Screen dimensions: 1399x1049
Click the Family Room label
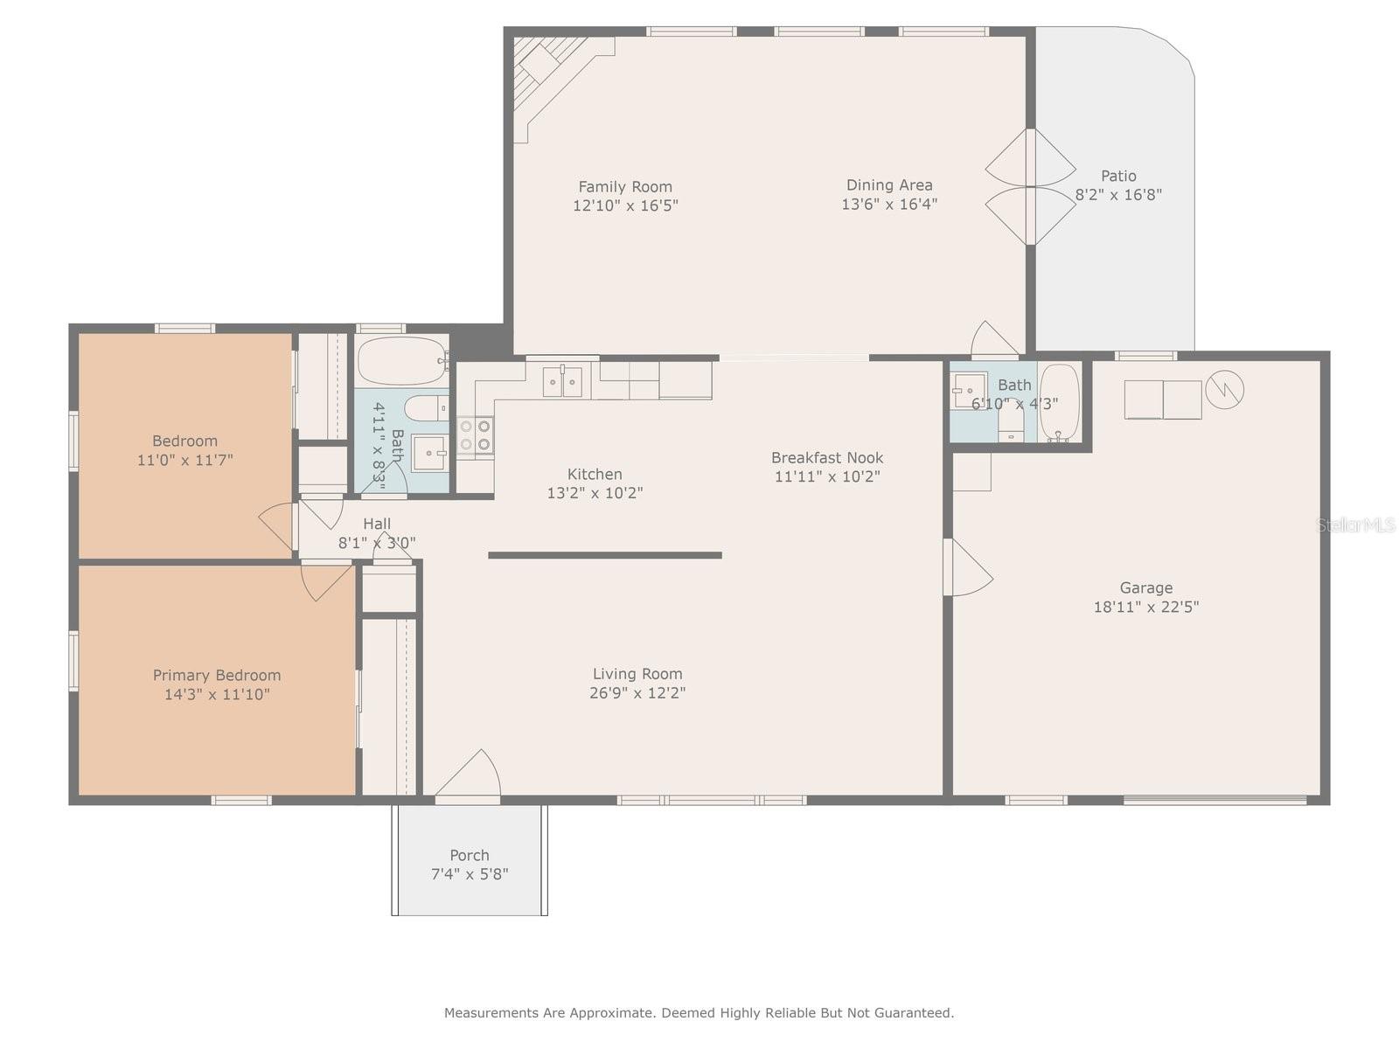[x=624, y=186]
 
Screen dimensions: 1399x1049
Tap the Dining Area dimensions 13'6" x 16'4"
[x=889, y=205]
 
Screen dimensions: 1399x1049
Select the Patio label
[x=1118, y=176]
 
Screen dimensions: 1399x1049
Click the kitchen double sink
[x=562, y=381]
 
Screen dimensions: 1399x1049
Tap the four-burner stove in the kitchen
[x=476, y=435]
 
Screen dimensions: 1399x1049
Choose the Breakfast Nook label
[x=826, y=457]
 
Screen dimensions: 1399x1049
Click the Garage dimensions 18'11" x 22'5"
[x=1146, y=607]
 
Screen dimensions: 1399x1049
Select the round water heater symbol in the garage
[x=1224, y=390]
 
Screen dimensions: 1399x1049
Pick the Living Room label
[x=637, y=674]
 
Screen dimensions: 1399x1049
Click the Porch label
[x=469, y=856]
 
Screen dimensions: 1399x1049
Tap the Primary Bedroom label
[x=217, y=675]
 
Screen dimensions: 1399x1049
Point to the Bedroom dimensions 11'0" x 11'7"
[x=184, y=460]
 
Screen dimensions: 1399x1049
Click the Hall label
[x=377, y=524]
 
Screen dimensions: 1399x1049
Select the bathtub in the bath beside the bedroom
[x=401, y=360]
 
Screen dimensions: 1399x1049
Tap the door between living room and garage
[x=968, y=567]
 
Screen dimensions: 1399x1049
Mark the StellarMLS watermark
[x=1355, y=525]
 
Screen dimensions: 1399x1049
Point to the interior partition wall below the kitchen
[x=605, y=555]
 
